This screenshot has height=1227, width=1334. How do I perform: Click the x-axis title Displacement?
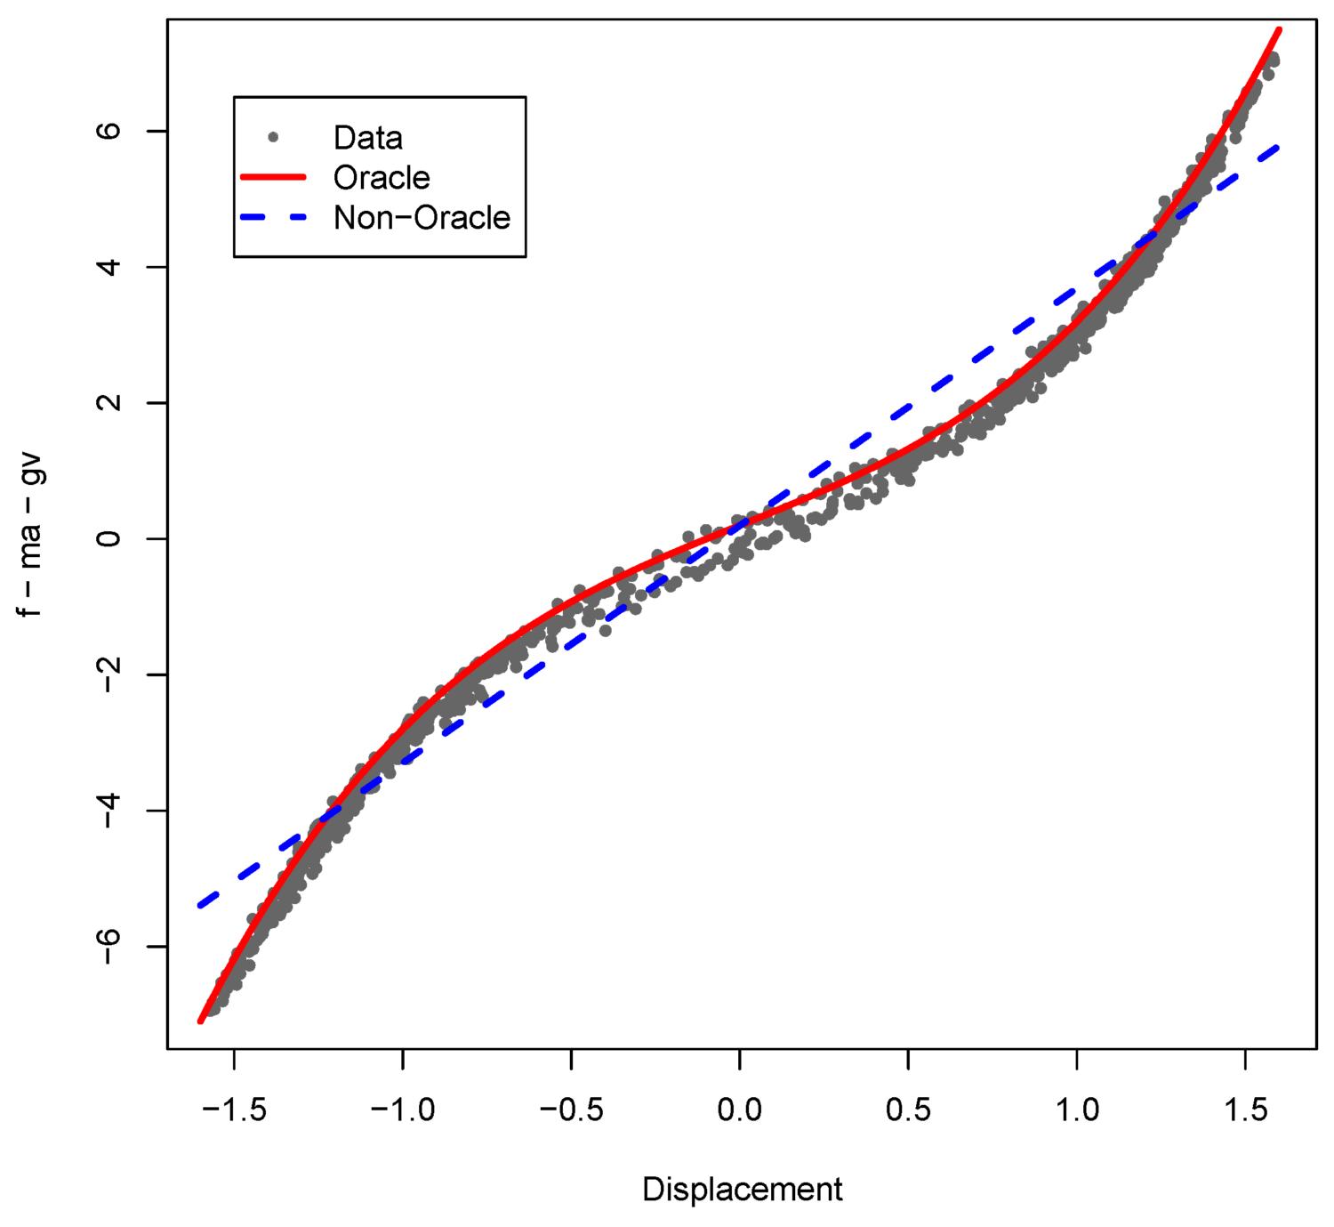pyautogui.click(x=742, y=1190)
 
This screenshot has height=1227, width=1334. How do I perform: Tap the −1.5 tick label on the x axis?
pyautogui.click(x=234, y=1110)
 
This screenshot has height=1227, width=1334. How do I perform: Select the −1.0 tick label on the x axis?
pyautogui.click(x=402, y=1110)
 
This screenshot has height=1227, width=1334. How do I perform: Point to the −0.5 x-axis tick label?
pyautogui.click(x=571, y=1110)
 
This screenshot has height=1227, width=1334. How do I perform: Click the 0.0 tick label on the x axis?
pyautogui.click(x=740, y=1110)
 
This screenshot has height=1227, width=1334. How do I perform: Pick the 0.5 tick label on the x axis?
pyautogui.click(x=908, y=1110)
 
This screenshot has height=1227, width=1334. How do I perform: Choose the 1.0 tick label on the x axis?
pyautogui.click(x=1077, y=1110)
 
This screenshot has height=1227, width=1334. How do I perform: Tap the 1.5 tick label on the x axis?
pyautogui.click(x=1245, y=1110)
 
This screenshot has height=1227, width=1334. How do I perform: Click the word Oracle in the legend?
pyautogui.click(x=382, y=178)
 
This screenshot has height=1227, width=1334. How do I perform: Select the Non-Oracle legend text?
pyautogui.click(x=422, y=218)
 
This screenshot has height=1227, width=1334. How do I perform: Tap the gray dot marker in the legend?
pyautogui.click(x=273, y=137)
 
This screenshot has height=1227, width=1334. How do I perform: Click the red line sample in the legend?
pyautogui.click(x=273, y=178)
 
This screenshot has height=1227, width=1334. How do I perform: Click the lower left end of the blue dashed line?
pyautogui.click(x=201, y=905)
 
